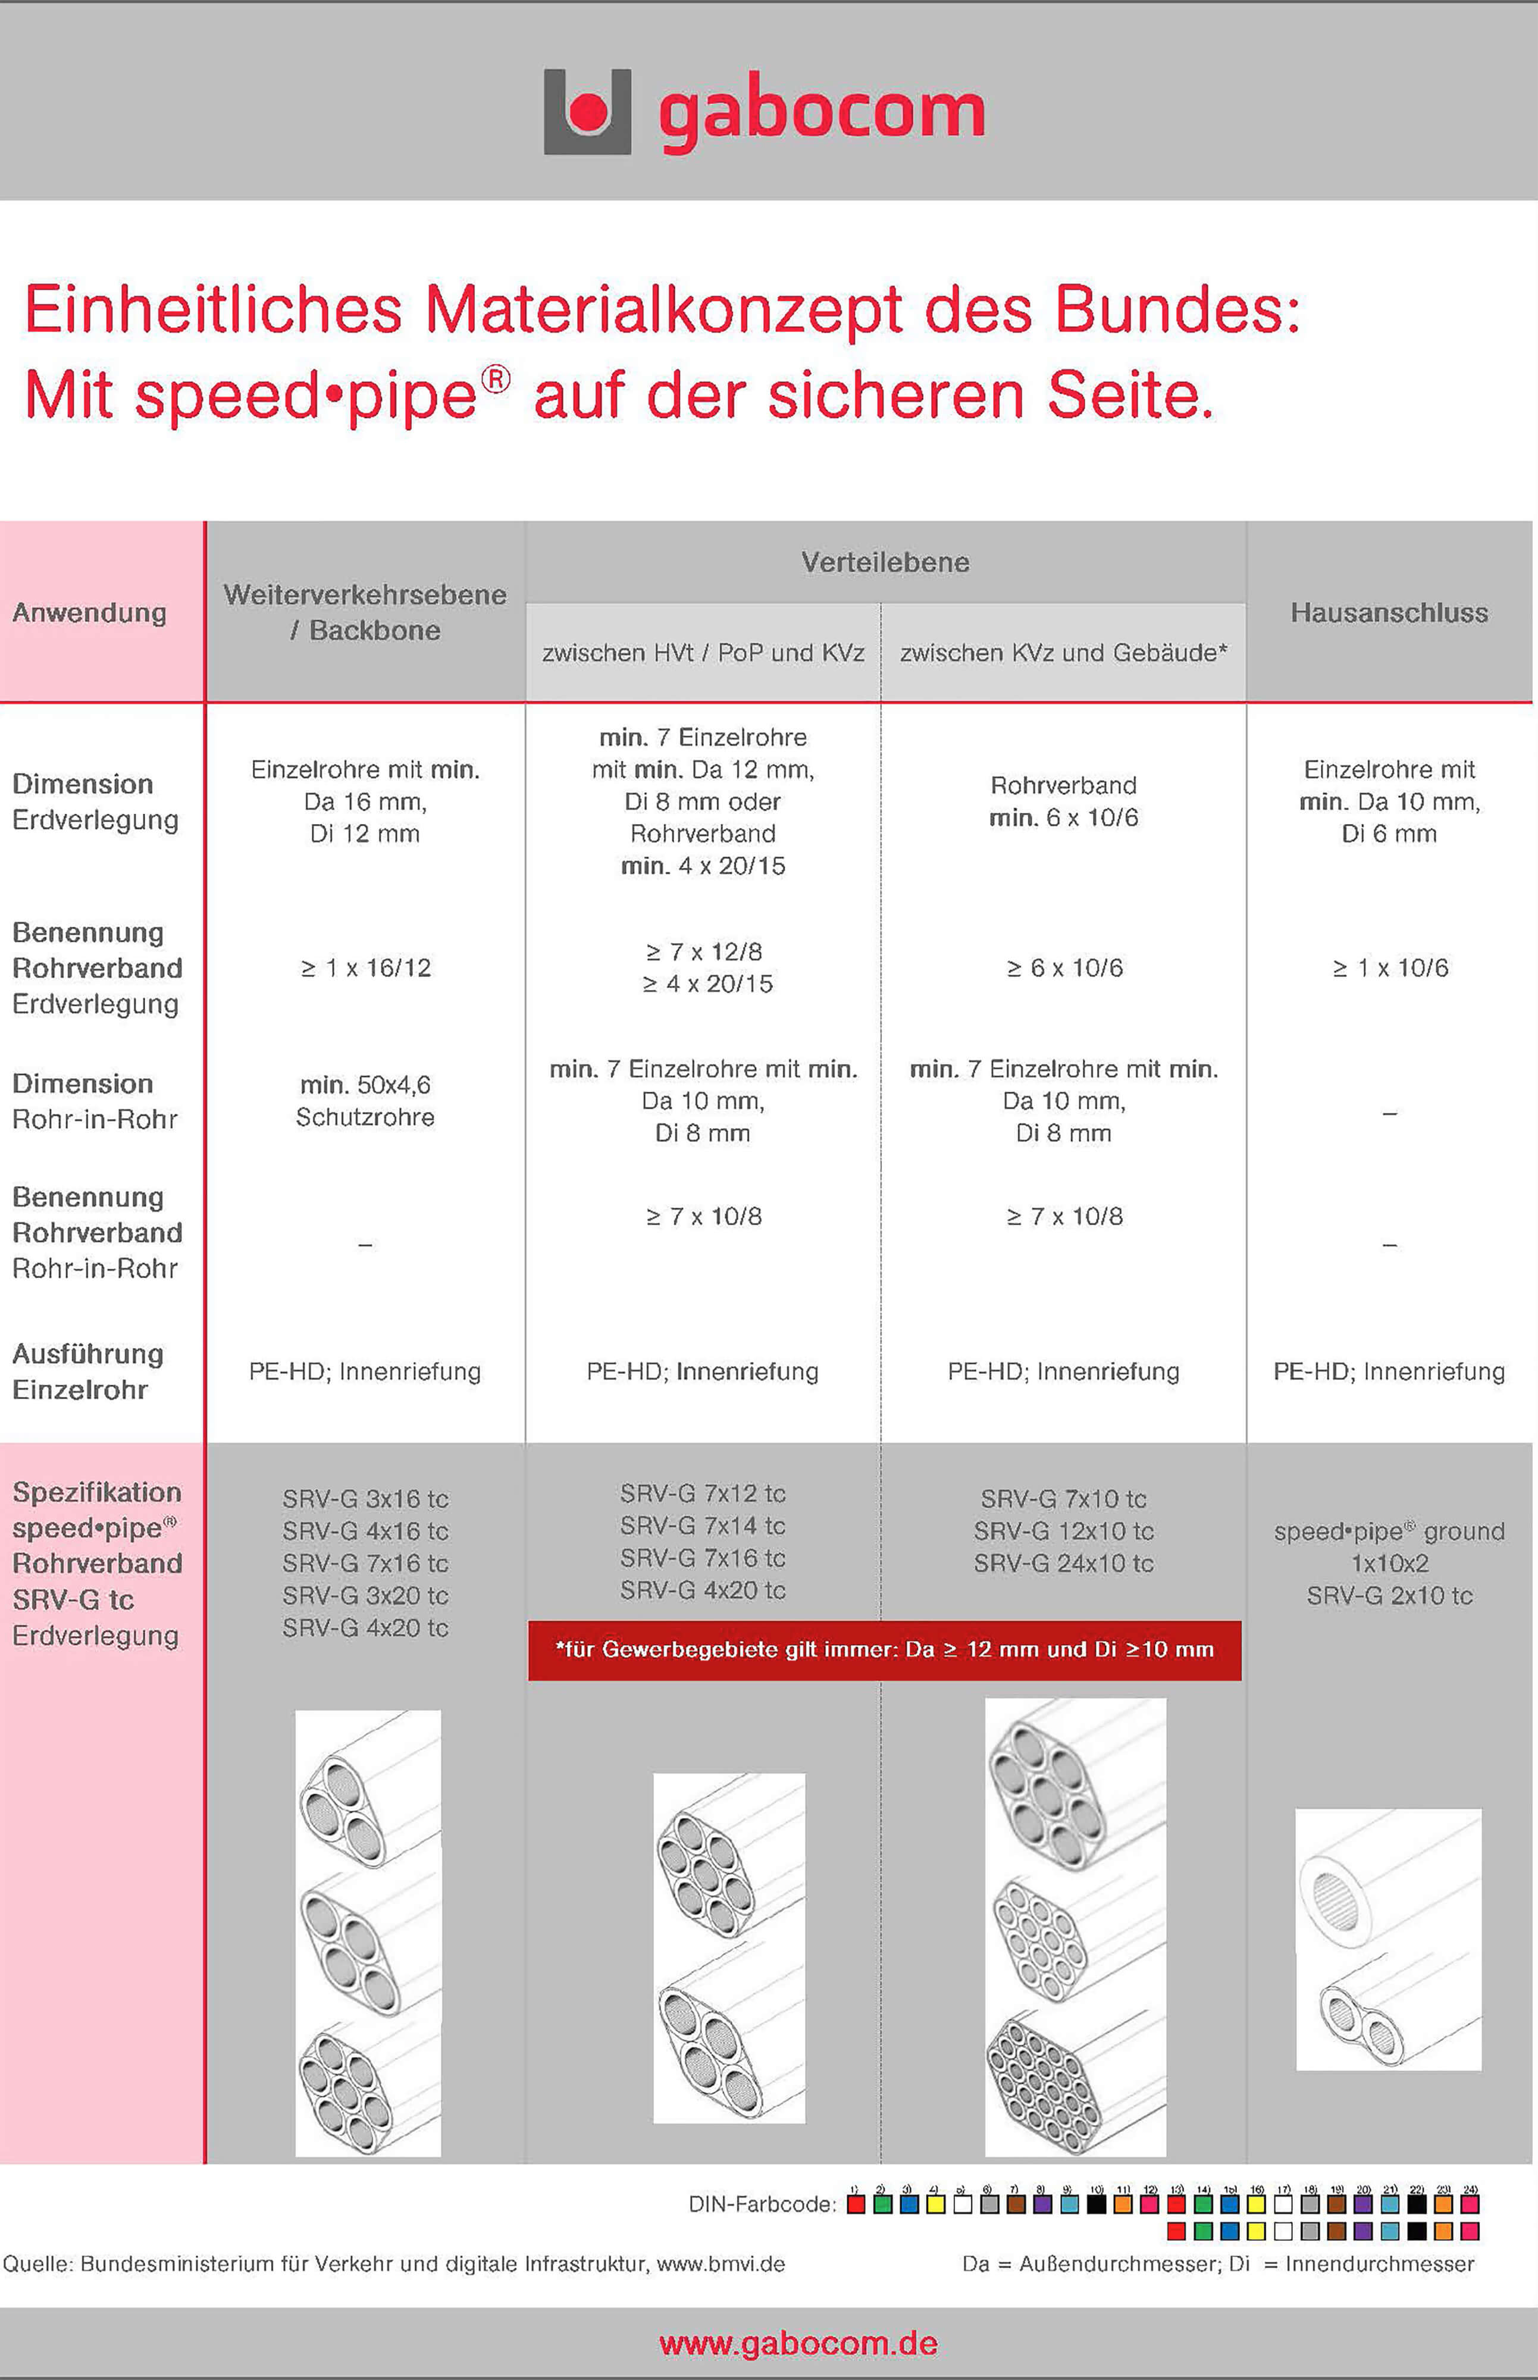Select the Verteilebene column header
click(885, 562)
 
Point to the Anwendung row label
click(89, 612)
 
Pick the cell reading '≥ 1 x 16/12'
click(365, 968)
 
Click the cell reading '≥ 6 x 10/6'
click(1064, 968)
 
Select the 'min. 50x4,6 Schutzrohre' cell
click(365, 1101)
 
